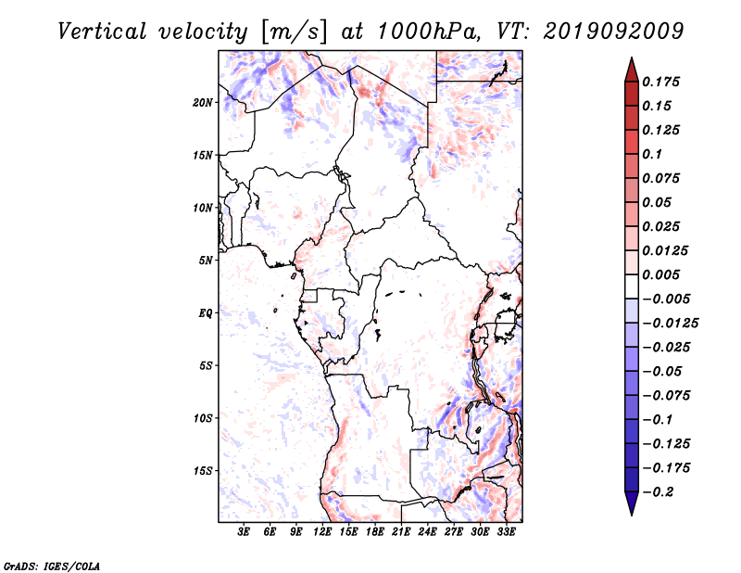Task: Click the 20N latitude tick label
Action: click(x=202, y=102)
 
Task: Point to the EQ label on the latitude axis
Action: click(x=205, y=312)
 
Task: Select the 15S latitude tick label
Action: click(x=202, y=471)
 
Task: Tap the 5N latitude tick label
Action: click(x=206, y=261)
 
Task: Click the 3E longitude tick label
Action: click(x=244, y=531)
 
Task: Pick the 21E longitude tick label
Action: click(x=401, y=531)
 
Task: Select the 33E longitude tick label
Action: click(x=506, y=531)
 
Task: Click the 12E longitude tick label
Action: click(x=321, y=531)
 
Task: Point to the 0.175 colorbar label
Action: click(x=660, y=82)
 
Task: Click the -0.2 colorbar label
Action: click(x=658, y=492)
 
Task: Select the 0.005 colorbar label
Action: click(x=660, y=274)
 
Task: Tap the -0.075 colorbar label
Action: click(x=666, y=396)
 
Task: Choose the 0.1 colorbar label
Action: click(x=652, y=154)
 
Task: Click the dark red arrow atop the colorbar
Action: click(x=632, y=70)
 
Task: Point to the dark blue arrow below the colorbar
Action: click(x=632, y=503)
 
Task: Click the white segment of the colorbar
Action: click(x=632, y=286)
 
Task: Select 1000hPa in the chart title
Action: click(x=427, y=32)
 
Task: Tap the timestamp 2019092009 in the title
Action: click(x=613, y=32)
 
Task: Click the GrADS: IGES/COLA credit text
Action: click(x=52, y=567)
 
